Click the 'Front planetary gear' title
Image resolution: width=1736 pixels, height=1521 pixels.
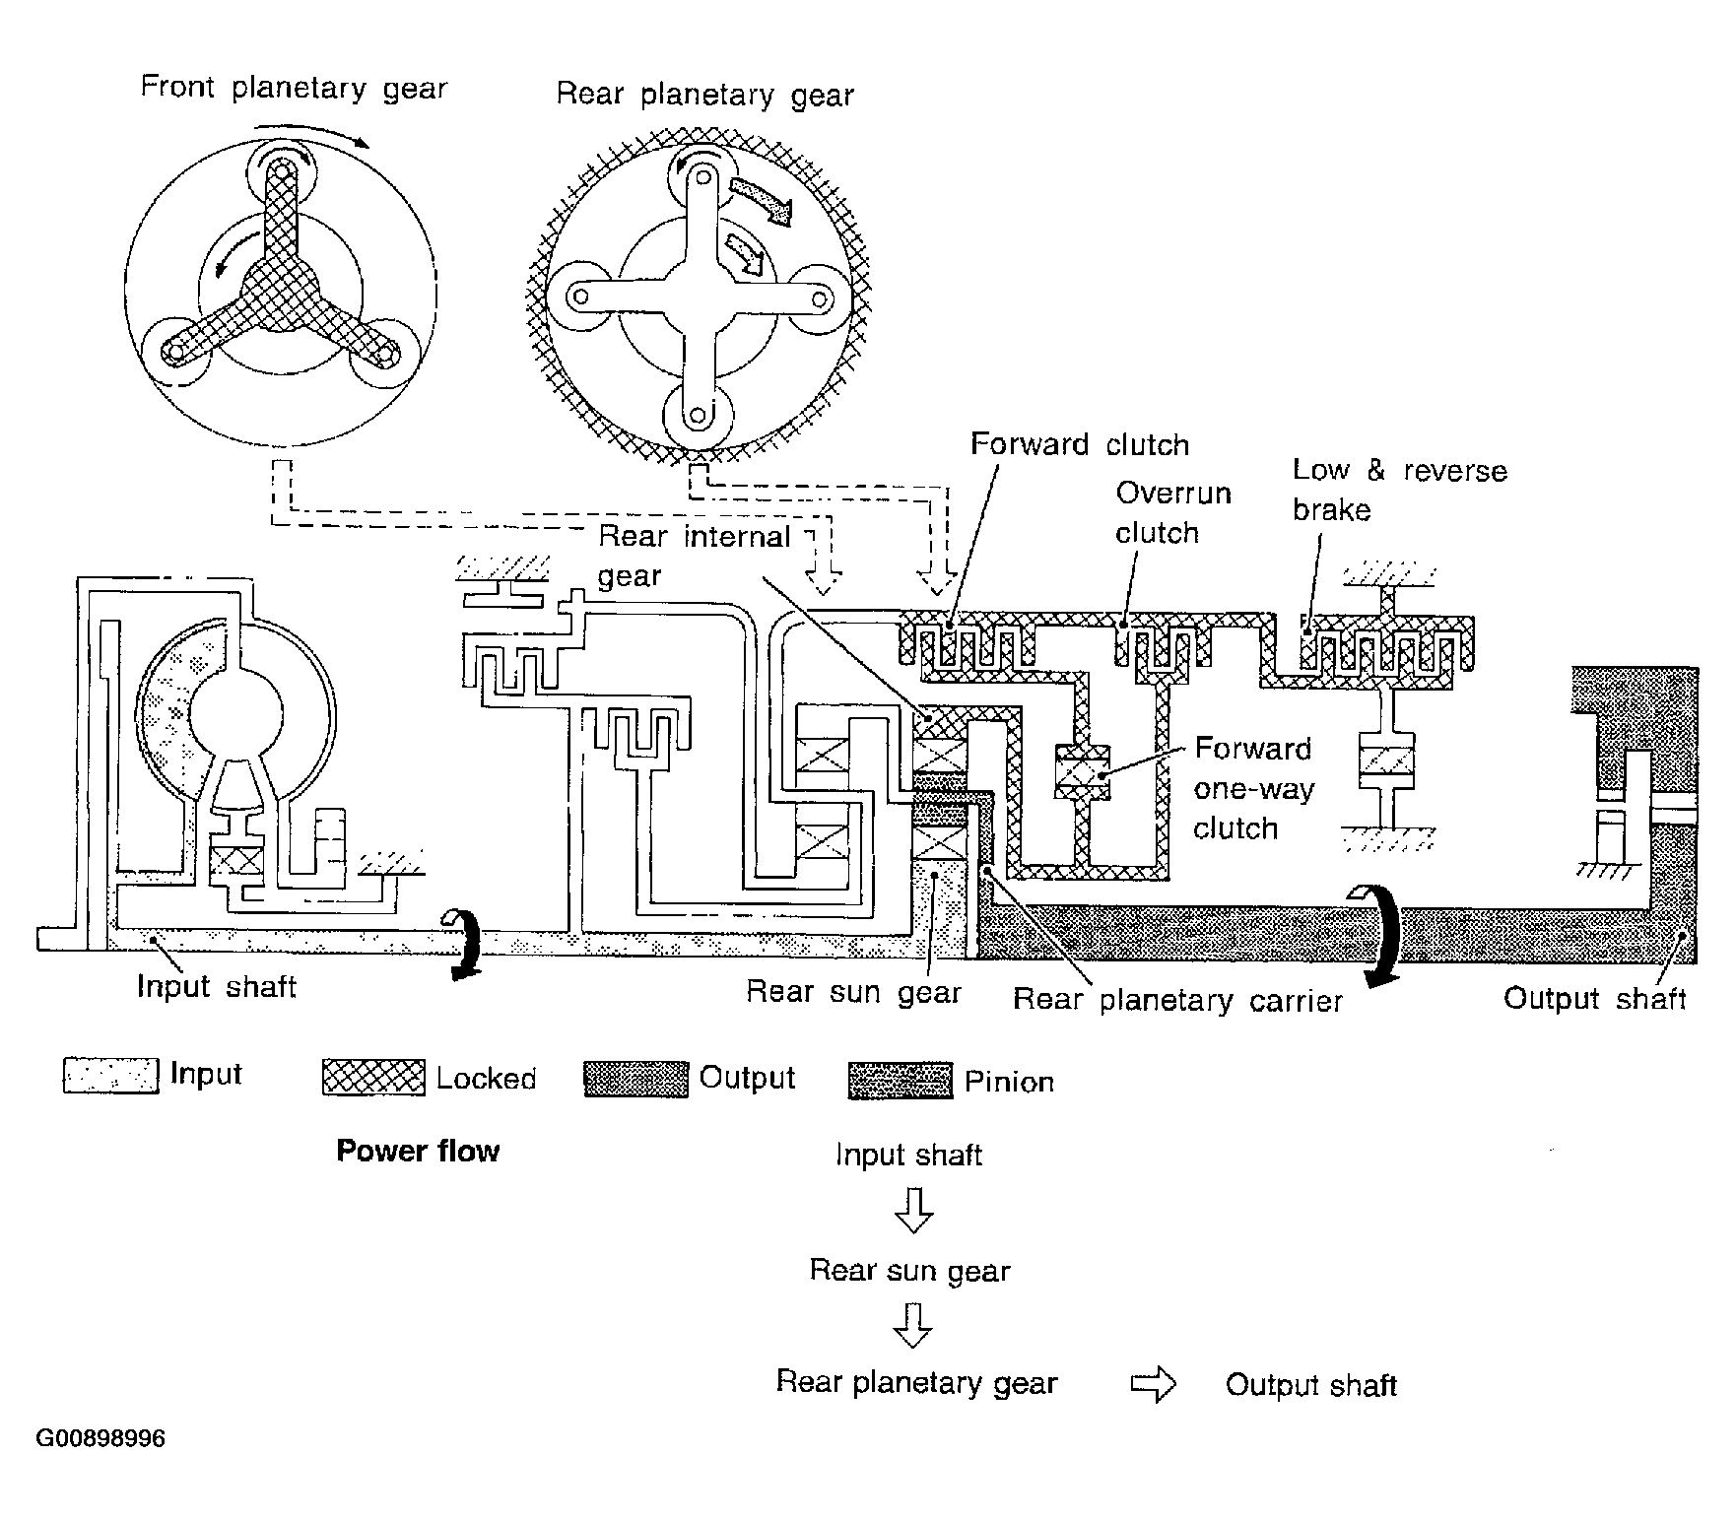coord(294,88)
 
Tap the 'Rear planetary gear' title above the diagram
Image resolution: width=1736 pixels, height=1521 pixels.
coord(704,95)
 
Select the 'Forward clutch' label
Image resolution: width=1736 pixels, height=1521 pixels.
coord(1080,444)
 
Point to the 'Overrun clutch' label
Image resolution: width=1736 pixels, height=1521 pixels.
coord(1173,512)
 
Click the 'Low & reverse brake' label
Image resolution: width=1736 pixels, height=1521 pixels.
coord(1399,490)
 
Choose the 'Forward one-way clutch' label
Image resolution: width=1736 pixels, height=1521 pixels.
coord(1253,788)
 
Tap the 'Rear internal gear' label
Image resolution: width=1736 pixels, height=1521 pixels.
coord(695,556)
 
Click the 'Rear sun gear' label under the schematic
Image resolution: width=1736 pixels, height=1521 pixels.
coord(853,991)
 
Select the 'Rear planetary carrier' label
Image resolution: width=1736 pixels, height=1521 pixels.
coord(1177,1001)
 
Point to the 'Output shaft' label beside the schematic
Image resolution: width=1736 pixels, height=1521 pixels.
coord(1594,999)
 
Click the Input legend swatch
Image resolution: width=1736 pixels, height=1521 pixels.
coord(110,1076)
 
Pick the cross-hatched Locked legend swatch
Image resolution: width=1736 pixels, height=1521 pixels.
coord(373,1078)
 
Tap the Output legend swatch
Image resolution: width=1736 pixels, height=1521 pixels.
coord(635,1079)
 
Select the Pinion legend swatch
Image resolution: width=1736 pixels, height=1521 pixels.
coord(901,1081)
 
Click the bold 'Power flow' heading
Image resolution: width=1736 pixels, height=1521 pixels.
coord(418,1151)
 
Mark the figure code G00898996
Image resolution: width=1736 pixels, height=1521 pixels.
coord(100,1439)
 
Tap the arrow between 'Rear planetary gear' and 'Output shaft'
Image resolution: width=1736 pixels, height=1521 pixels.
coord(1153,1386)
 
